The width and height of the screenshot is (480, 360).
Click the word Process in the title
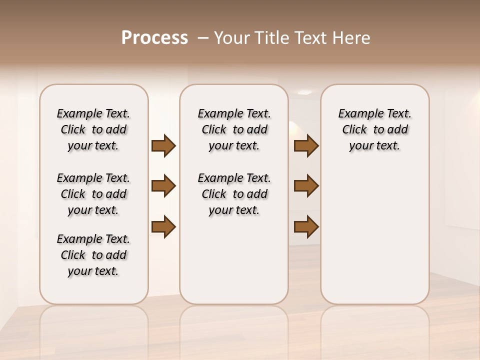tap(154, 38)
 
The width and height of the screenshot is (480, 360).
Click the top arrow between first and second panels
tap(163, 146)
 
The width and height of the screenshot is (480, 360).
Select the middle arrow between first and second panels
tap(163, 186)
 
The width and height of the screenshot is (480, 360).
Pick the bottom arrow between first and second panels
tap(163, 226)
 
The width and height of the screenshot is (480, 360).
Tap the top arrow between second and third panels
tap(306, 146)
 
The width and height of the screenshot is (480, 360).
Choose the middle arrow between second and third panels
tap(306, 186)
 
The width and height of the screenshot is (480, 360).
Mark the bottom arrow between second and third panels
tap(306, 226)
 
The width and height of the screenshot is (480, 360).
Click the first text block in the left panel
tap(93, 129)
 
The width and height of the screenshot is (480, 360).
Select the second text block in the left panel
tap(93, 194)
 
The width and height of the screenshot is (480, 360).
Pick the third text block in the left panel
tap(93, 255)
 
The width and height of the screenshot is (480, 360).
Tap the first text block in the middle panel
tap(234, 129)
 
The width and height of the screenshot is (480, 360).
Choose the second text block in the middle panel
tap(234, 194)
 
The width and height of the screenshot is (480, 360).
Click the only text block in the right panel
tap(374, 129)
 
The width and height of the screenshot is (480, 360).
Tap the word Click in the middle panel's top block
tap(214, 130)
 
